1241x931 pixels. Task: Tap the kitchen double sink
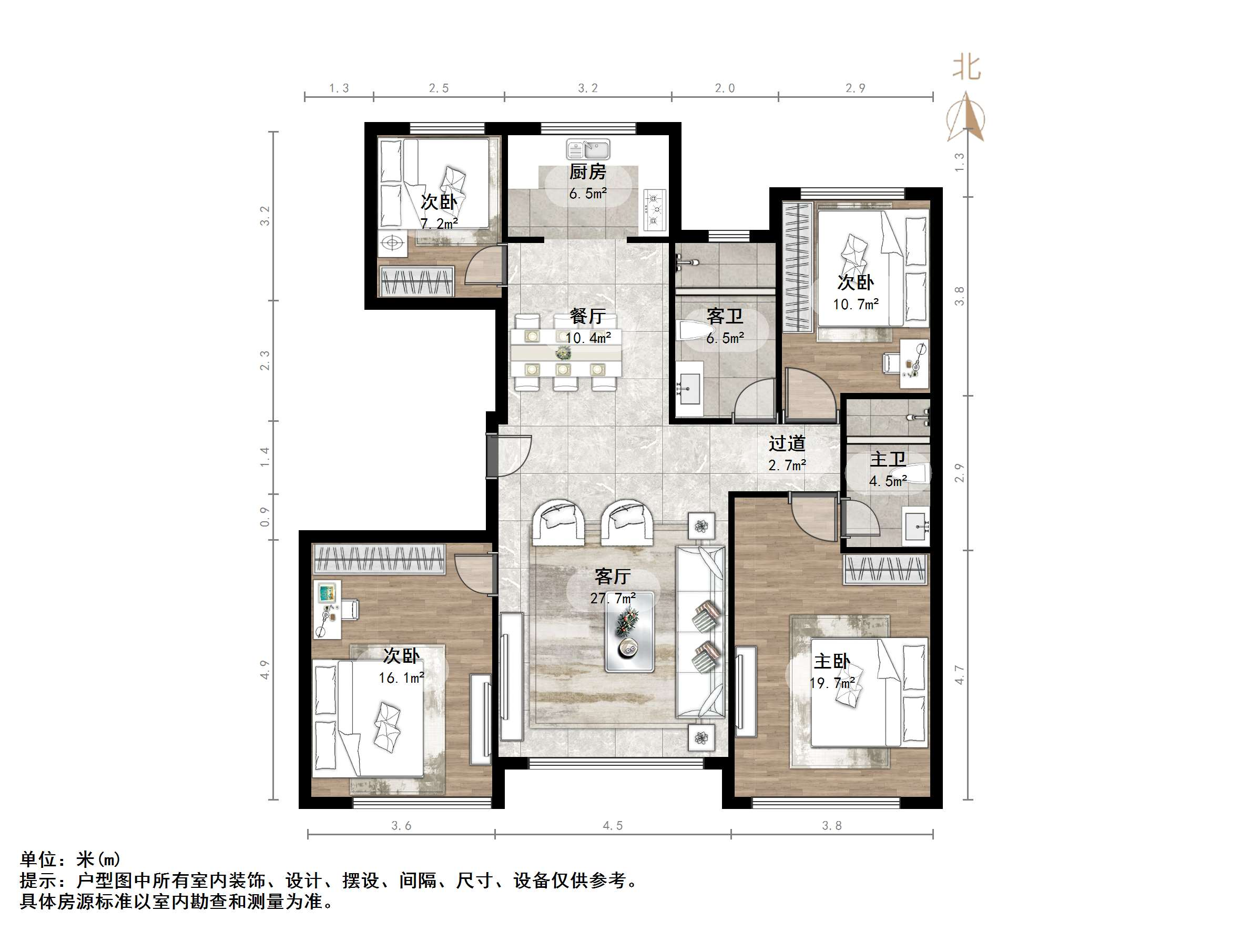point(587,150)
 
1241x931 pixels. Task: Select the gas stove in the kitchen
point(654,210)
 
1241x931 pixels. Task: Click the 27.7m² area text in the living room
point(613,598)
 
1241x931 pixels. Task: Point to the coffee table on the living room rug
point(629,631)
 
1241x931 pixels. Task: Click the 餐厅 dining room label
point(587,316)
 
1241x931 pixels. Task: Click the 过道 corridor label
point(787,443)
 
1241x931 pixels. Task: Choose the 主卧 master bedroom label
point(831,661)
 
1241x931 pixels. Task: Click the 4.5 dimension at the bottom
point(613,825)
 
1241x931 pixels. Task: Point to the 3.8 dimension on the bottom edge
point(831,825)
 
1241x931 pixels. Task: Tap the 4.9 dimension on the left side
point(265,670)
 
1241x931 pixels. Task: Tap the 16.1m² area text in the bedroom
point(401,678)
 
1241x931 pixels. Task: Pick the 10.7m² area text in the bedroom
point(856,304)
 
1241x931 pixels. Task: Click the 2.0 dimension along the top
point(724,88)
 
